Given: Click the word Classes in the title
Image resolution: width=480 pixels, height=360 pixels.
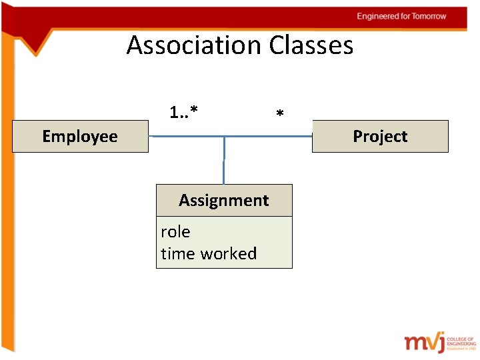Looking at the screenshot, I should pos(311,45).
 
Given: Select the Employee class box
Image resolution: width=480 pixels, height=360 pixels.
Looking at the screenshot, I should pos(80,137).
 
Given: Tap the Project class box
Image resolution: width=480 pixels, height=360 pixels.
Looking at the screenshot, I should pos(380,137).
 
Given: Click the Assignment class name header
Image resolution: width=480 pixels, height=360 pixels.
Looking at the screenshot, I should pos(224,200).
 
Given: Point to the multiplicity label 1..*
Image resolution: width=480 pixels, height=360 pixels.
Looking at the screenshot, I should pos(183,111).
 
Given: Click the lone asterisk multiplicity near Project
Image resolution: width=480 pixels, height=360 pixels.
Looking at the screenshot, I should pos(280,115).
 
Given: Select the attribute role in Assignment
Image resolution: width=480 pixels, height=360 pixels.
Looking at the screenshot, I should pos(175,232).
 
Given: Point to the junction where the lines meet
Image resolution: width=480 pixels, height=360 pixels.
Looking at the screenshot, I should pos(224,137).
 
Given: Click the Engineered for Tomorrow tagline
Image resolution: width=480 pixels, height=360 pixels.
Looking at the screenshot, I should pos(401,16).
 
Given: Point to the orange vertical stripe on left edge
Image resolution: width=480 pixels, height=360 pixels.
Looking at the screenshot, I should pos(7,200).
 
